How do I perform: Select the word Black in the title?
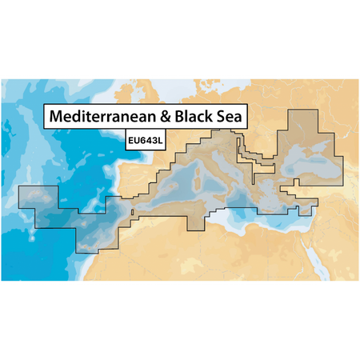pyautogui.click(x=194, y=116)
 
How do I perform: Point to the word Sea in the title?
pyautogui.click(x=233, y=116)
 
